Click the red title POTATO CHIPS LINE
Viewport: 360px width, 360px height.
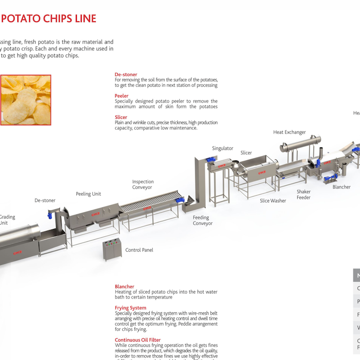(x=48, y=19)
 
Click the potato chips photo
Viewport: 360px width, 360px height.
(x=25, y=100)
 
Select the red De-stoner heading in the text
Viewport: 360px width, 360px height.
(x=126, y=74)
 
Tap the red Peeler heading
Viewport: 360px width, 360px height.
(x=121, y=96)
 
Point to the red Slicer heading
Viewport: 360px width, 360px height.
(x=121, y=117)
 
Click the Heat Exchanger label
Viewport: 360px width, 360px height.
(x=289, y=132)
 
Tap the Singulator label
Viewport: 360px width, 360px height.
(x=222, y=148)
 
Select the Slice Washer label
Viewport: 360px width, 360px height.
(x=273, y=201)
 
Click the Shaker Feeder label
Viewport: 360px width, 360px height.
(x=303, y=194)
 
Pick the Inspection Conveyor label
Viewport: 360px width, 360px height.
(x=143, y=185)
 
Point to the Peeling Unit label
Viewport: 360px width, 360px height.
(x=88, y=194)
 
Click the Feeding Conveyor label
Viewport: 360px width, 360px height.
(x=202, y=220)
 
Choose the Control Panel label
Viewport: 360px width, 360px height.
(x=140, y=250)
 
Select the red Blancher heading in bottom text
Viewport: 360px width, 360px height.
(x=124, y=287)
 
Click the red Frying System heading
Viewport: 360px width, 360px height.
(x=130, y=308)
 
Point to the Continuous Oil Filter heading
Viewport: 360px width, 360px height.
(x=138, y=340)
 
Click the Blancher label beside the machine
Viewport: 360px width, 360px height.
(x=341, y=187)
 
